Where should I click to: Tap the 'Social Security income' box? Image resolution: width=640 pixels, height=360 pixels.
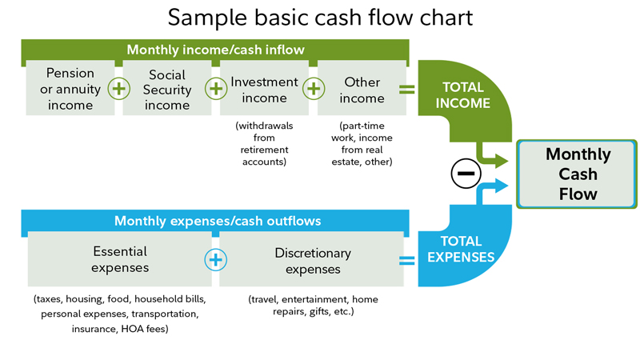(x=167, y=88)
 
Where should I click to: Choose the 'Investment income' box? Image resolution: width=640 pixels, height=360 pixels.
(x=264, y=88)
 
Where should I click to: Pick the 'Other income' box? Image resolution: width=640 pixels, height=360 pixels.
(x=362, y=88)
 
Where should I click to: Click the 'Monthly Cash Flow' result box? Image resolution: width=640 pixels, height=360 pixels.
(x=578, y=174)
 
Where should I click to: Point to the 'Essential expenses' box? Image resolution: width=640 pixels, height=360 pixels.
(x=120, y=260)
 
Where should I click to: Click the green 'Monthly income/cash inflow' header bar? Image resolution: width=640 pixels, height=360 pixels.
(x=214, y=50)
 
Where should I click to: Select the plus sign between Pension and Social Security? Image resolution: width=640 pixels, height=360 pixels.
(x=118, y=88)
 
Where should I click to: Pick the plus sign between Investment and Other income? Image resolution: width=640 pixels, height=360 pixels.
(x=314, y=88)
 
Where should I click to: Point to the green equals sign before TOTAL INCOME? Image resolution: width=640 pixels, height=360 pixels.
(x=407, y=88)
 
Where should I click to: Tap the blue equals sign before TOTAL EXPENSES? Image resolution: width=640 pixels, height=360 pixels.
(x=407, y=259)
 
